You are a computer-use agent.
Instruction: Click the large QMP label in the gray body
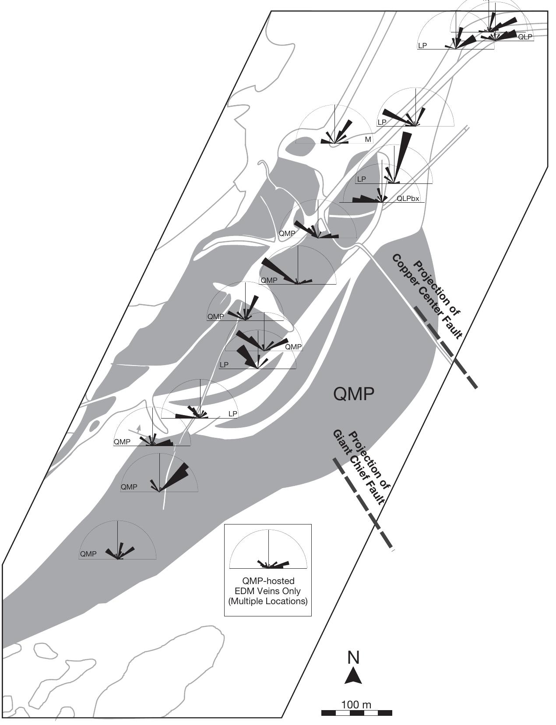354,394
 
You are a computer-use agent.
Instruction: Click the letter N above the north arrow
354,658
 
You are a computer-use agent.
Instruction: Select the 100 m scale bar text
356,705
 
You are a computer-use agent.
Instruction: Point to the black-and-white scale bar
356,713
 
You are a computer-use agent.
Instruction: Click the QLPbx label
408,199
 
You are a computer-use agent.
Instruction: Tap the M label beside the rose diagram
368,140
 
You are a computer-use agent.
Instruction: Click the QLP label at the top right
525,37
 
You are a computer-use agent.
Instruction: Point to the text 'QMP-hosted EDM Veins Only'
268,586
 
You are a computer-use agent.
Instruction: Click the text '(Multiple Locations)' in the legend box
268,601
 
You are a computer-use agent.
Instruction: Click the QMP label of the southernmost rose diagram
88,554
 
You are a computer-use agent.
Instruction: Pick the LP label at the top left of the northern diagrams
422,46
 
